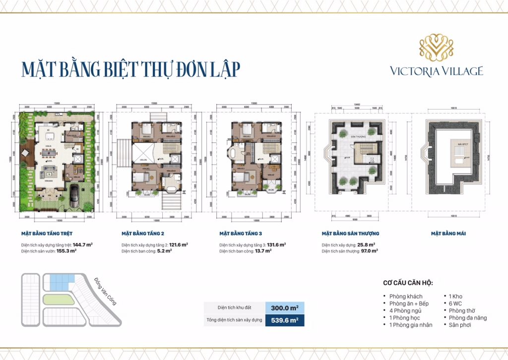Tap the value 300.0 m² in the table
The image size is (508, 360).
(x=285, y=308)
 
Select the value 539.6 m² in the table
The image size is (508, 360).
(x=285, y=320)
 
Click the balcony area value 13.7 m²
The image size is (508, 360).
(x=263, y=251)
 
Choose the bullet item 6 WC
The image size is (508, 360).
(x=455, y=303)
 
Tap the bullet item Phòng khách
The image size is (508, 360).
(x=406, y=297)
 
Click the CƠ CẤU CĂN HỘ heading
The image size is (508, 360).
(x=408, y=283)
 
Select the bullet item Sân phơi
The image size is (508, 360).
(x=460, y=325)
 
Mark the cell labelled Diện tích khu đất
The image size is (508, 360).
(x=234, y=308)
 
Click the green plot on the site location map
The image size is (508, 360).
(x=58, y=299)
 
